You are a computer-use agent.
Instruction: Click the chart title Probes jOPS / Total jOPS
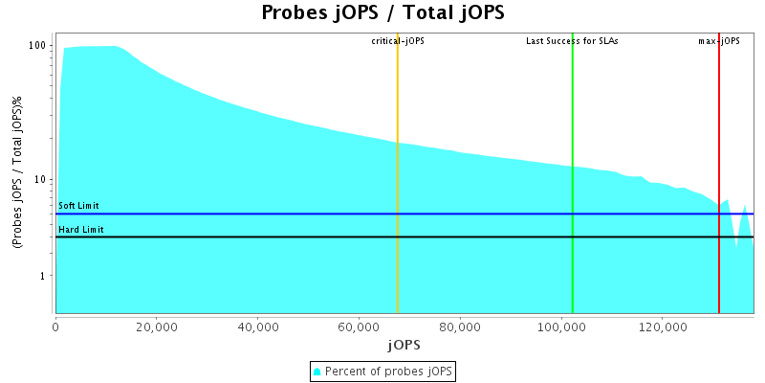point(382,13)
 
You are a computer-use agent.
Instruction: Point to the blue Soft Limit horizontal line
point(287,214)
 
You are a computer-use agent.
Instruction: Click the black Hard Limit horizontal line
point(287,237)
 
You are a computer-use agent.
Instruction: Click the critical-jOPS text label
point(398,41)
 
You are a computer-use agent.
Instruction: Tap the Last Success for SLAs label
point(572,41)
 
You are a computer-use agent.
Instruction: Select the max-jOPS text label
point(719,41)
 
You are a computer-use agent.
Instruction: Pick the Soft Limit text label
point(78,206)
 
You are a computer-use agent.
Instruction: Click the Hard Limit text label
point(81,230)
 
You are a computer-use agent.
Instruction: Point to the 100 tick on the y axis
point(38,46)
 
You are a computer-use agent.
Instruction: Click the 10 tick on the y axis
point(41,180)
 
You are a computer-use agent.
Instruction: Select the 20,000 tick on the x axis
point(157,327)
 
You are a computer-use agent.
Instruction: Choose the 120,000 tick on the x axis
point(663,327)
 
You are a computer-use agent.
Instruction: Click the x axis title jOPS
point(404,344)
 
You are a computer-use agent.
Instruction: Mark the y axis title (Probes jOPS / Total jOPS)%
point(16,173)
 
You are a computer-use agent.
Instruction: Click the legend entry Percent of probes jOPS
point(382,371)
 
